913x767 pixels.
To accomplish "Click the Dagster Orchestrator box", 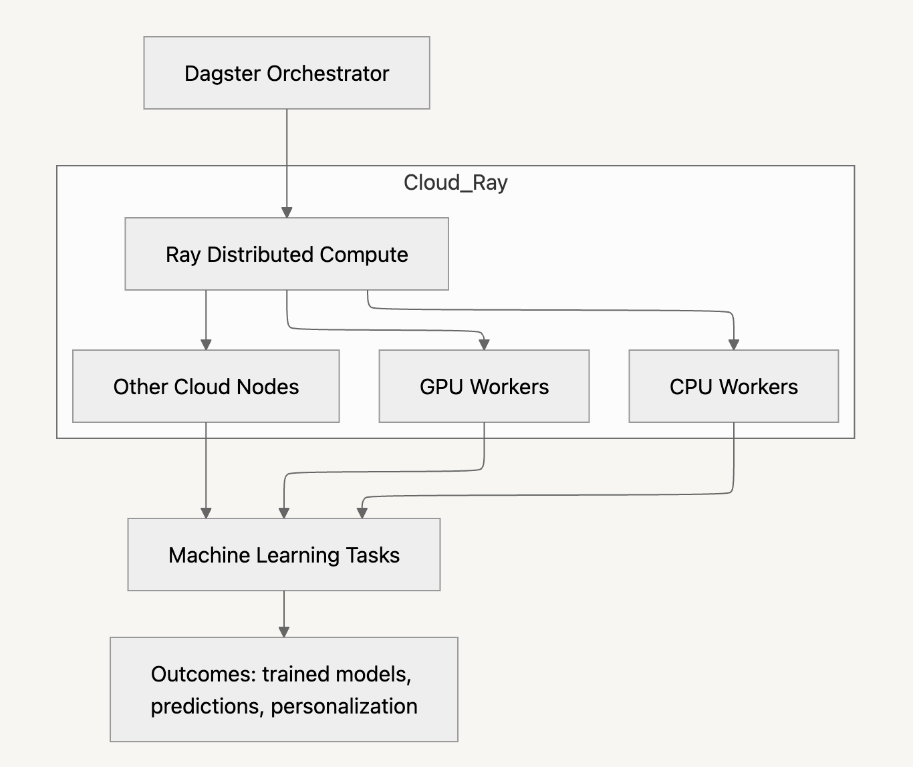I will coord(286,73).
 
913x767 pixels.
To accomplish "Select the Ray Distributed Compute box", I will coord(286,254).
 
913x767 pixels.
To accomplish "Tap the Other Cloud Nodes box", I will coord(206,386).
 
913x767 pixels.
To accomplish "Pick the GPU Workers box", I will coord(484,386).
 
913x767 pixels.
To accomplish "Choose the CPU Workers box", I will coord(733,386).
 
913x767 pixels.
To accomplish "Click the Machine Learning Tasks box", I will coord(283,555).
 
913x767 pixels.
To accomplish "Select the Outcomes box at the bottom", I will coord(283,689).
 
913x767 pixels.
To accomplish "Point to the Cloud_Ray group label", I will coord(455,182).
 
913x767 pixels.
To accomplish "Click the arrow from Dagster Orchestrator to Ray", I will coord(287,160).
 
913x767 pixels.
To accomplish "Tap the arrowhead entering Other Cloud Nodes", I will coord(206,344).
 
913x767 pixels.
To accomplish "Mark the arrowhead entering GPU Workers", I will coord(484,344).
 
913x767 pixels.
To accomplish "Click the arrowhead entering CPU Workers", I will coord(733,344).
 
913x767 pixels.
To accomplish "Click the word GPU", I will coord(441,387).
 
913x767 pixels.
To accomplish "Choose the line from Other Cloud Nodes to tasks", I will coord(206,468).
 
